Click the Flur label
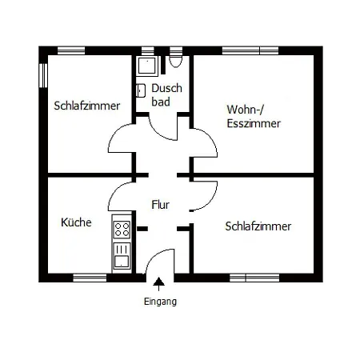click(x=160, y=205)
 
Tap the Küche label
click(x=76, y=222)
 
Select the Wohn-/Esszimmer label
click(x=254, y=117)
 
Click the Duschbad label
click(x=166, y=95)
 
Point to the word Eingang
click(x=160, y=302)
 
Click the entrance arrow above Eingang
click(x=159, y=284)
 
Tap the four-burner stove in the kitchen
click(x=122, y=230)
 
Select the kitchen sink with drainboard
click(x=122, y=255)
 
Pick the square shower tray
click(x=147, y=65)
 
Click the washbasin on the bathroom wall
click(x=141, y=90)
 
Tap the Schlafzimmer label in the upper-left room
click(x=87, y=106)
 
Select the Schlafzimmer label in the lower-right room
click(x=258, y=226)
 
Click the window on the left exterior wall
click(x=43, y=75)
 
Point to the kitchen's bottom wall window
click(x=90, y=278)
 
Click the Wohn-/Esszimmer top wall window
click(x=250, y=50)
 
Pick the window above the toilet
click(x=176, y=50)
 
